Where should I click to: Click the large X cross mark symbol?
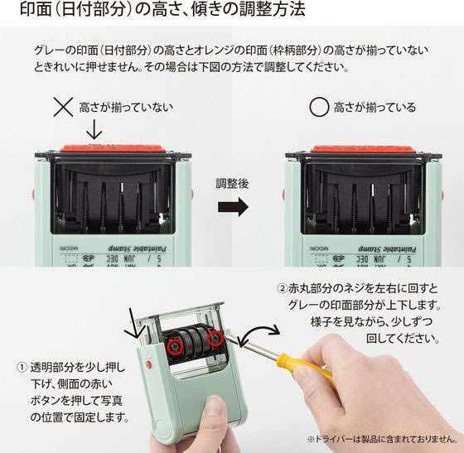[x=63, y=107]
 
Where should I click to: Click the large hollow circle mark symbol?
[x=319, y=107]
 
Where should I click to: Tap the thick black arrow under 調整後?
[x=233, y=207]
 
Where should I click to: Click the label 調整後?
[x=232, y=184]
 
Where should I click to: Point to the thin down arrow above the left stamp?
[x=94, y=129]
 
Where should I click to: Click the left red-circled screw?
[x=175, y=345]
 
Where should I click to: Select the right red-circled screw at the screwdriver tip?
[x=215, y=338]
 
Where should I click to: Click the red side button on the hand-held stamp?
[x=149, y=364]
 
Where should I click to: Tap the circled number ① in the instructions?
[x=22, y=368]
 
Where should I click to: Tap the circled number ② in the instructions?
[x=283, y=287]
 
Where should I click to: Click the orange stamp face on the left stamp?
[x=113, y=148]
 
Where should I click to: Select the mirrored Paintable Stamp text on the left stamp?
[x=137, y=248]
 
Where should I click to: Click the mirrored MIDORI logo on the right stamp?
[x=319, y=248]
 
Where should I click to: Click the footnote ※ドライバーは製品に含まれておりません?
[x=383, y=439]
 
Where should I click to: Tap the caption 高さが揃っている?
[x=375, y=108]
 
